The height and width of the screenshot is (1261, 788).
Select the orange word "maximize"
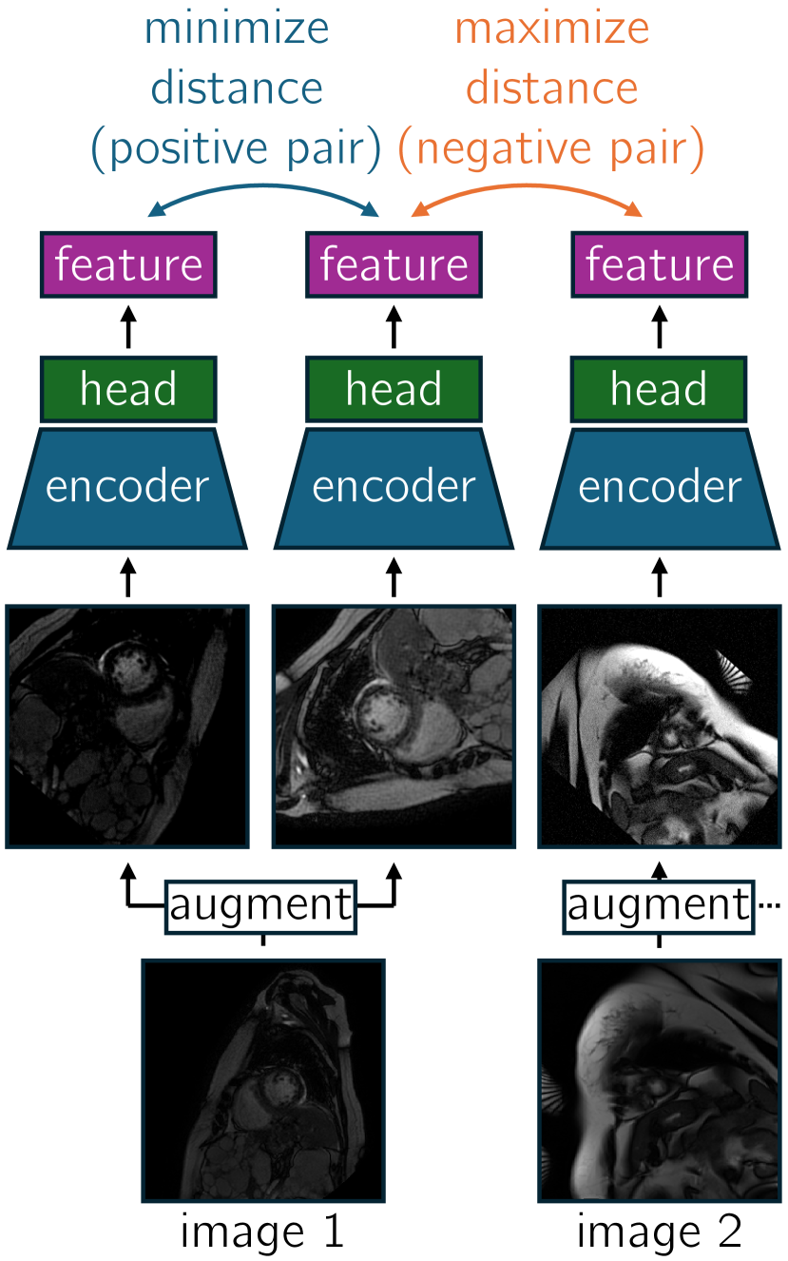coord(552,29)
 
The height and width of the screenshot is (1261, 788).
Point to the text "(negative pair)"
coord(552,148)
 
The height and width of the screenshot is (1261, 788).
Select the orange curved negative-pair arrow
coord(529,189)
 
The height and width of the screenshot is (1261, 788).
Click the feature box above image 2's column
coord(660,263)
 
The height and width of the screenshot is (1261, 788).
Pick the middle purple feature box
coord(394,263)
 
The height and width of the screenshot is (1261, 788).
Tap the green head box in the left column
coord(128,389)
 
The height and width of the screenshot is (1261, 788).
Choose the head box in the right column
coord(660,389)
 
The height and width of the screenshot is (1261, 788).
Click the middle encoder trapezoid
coord(394,488)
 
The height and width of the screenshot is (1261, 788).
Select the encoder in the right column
coord(660,488)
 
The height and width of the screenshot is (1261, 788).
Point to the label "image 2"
coord(659,1232)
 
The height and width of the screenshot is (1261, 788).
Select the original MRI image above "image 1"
coord(263,1080)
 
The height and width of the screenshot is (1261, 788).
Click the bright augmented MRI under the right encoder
coord(660,726)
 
